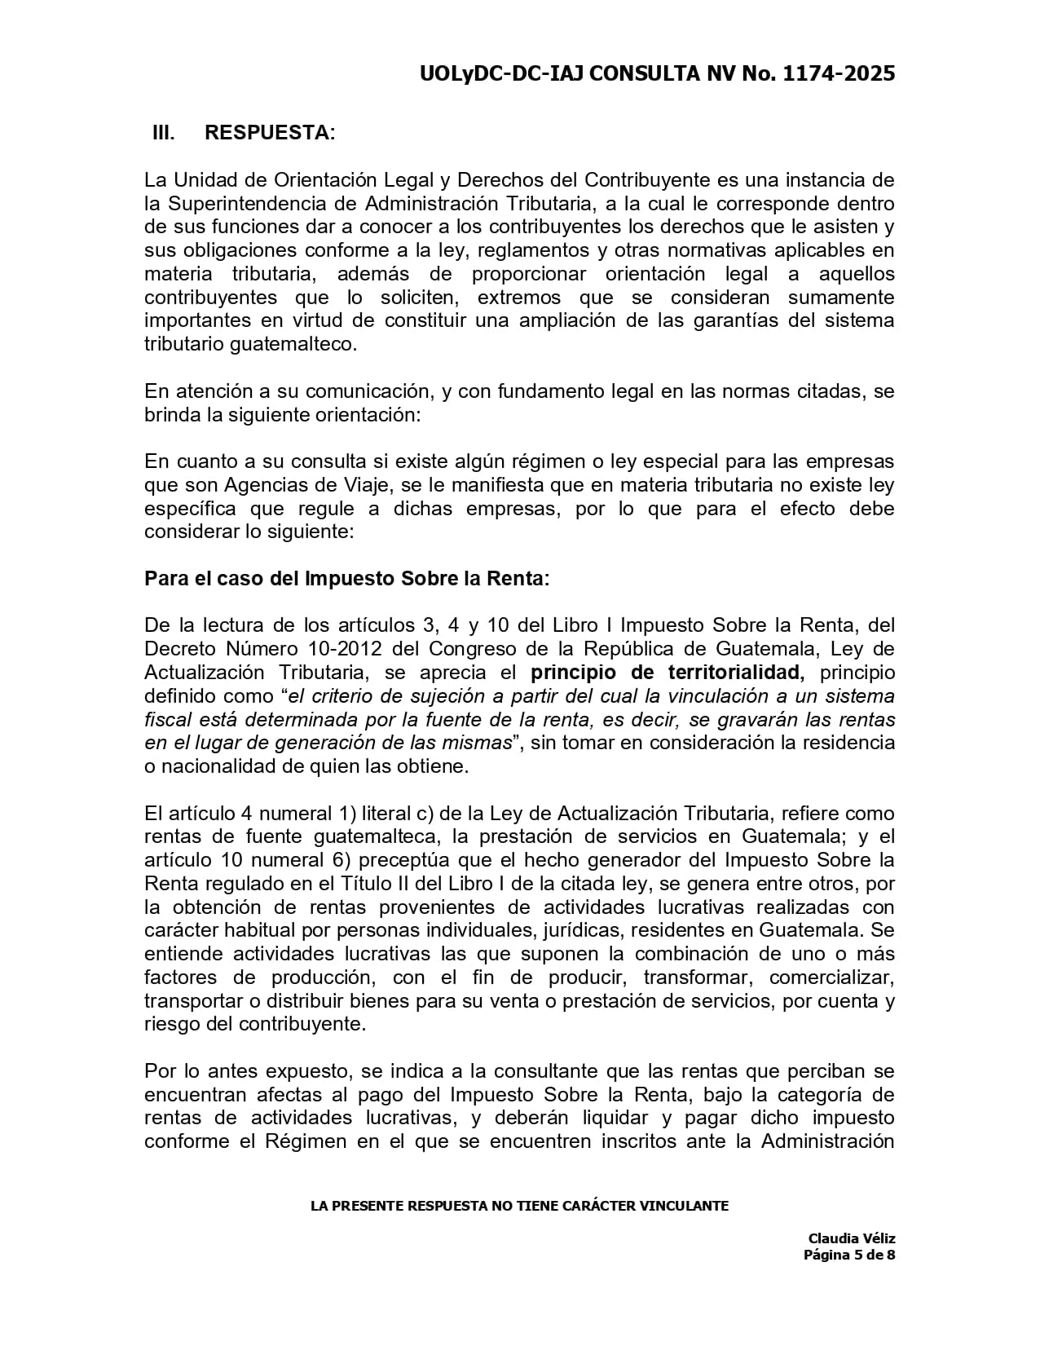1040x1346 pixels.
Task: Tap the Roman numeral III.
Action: click(163, 132)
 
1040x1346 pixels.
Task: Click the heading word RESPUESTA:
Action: click(270, 132)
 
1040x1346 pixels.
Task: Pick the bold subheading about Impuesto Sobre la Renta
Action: click(347, 579)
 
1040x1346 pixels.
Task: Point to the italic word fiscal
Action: click(168, 720)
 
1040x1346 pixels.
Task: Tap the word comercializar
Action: click(832, 978)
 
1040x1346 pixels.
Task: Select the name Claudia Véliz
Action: click(852, 1238)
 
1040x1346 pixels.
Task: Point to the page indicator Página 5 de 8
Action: click(849, 1255)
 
